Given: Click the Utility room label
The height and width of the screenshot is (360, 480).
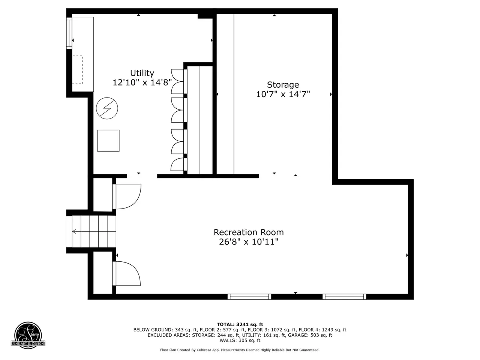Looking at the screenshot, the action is pyautogui.click(x=142, y=73).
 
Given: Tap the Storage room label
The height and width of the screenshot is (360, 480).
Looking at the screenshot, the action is pyautogui.click(x=283, y=85).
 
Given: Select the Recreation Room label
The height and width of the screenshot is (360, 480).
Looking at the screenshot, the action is pyautogui.click(x=249, y=232).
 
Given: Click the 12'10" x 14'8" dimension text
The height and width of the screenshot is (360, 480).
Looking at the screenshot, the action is pyautogui.click(x=142, y=82).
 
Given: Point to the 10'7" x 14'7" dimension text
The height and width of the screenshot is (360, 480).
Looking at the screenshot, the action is pyautogui.click(x=283, y=94).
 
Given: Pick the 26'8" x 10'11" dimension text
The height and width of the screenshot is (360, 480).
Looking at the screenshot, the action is pyautogui.click(x=249, y=242).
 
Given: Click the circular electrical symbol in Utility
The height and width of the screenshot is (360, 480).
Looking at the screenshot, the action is pyautogui.click(x=107, y=108).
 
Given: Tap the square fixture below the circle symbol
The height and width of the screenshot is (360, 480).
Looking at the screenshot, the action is pyautogui.click(x=108, y=141).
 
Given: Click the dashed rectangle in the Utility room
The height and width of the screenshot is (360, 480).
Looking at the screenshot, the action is pyautogui.click(x=78, y=70).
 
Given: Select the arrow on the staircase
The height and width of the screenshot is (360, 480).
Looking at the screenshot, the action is pyautogui.click(x=94, y=231).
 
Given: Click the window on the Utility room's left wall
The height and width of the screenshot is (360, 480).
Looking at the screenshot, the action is pyautogui.click(x=69, y=33).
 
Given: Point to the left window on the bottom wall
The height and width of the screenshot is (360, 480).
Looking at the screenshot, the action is pyautogui.click(x=249, y=297).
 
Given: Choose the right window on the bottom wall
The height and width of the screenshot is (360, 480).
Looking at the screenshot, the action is pyautogui.click(x=344, y=297).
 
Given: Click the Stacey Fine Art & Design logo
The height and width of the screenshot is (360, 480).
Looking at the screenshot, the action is pyautogui.click(x=28, y=335).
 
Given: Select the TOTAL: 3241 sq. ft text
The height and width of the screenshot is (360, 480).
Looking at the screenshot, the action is pyautogui.click(x=240, y=325).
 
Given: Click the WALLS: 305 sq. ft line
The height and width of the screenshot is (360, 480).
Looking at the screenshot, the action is pyautogui.click(x=240, y=340).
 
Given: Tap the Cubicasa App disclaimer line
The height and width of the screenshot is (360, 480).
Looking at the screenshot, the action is pyautogui.click(x=240, y=350).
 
